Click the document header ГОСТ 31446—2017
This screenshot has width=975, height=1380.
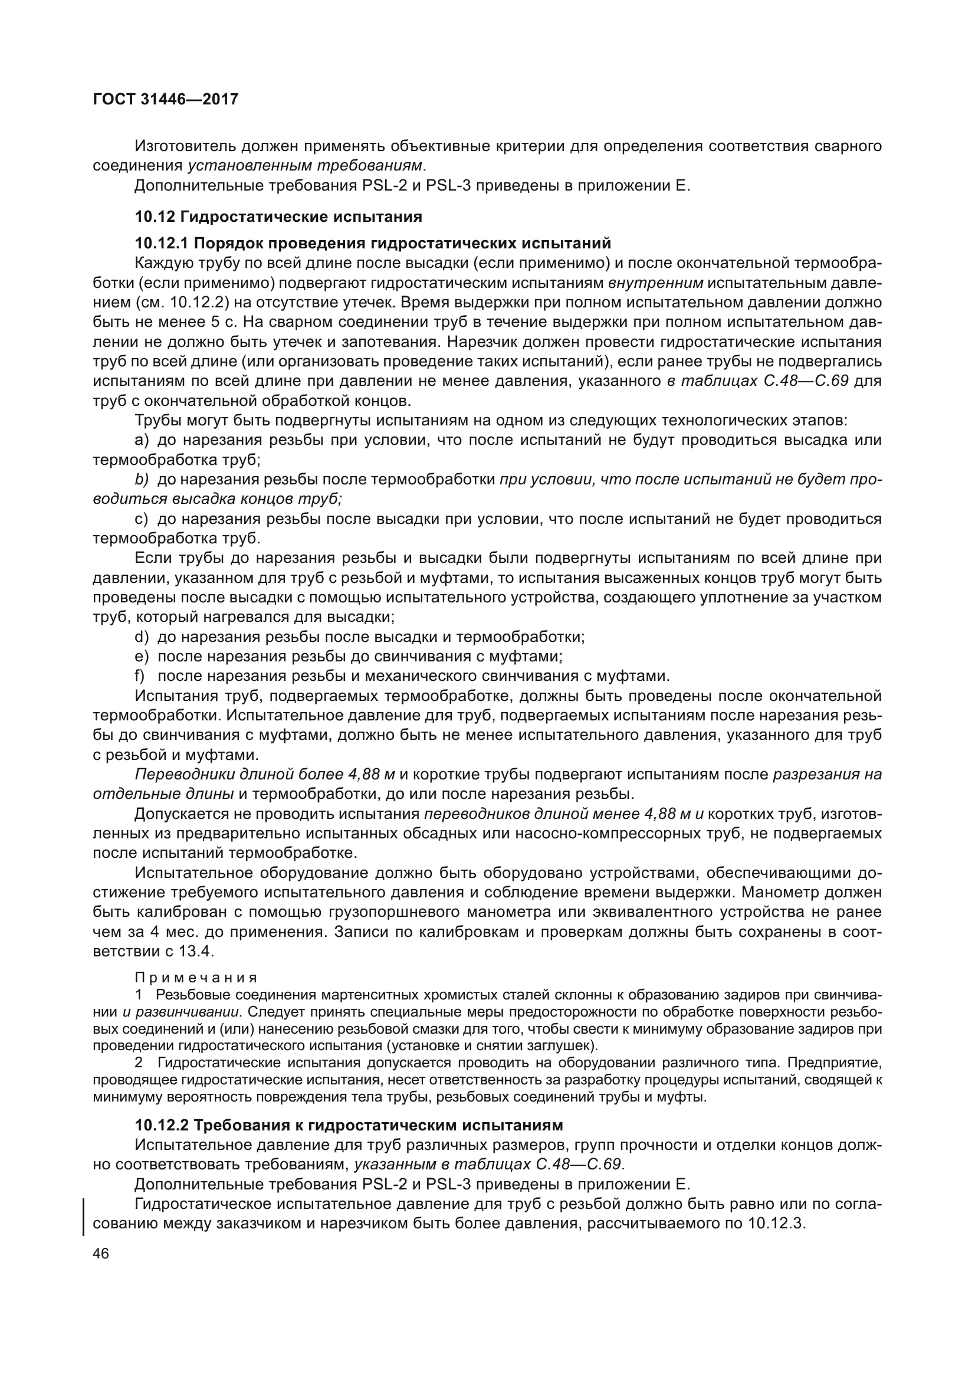(x=166, y=99)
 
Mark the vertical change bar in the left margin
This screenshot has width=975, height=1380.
(x=83, y=1214)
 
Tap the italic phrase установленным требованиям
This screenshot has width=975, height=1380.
(x=304, y=166)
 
